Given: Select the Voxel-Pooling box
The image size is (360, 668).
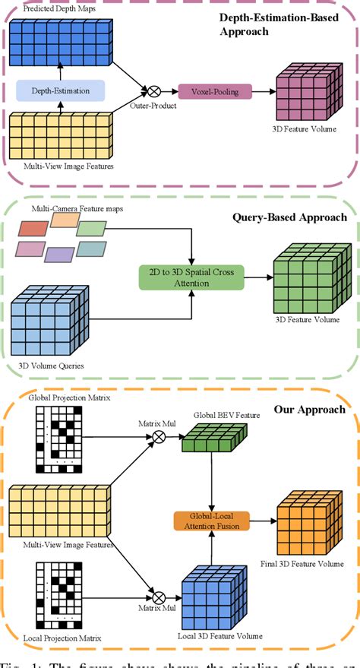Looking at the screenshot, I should tap(204, 90).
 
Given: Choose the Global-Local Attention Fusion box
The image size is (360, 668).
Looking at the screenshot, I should tap(207, 521).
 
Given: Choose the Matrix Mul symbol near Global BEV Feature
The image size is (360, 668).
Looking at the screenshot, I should tap(159, 437).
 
